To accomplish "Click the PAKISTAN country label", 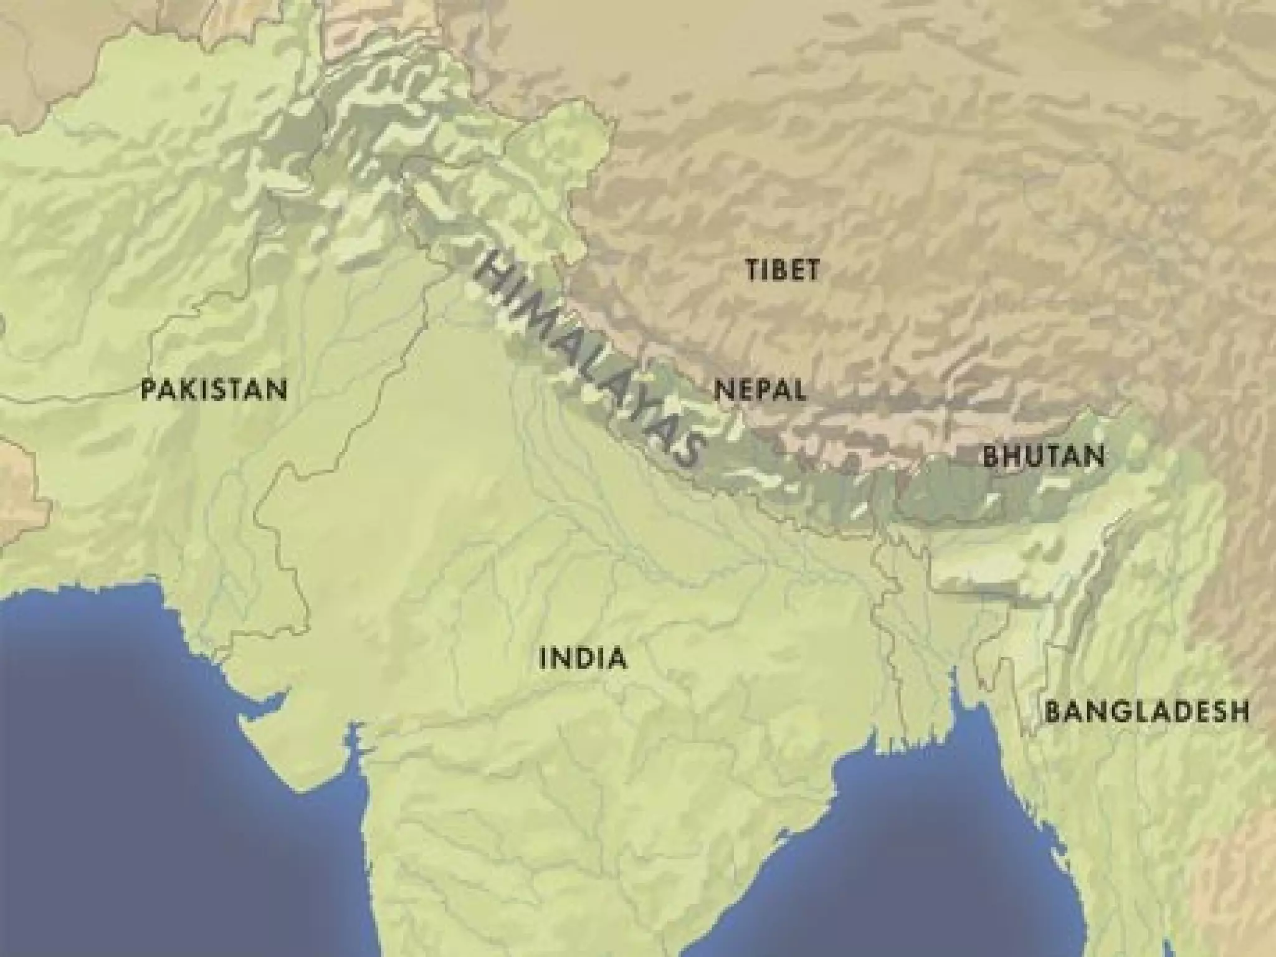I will click(x=214, y=391).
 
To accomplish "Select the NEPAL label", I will click(x=760, y=391).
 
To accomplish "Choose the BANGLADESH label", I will click(x=1147, y=712).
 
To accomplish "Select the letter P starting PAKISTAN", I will click(x=148, y=391).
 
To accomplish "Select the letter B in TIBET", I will click(x=776, y=270).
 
